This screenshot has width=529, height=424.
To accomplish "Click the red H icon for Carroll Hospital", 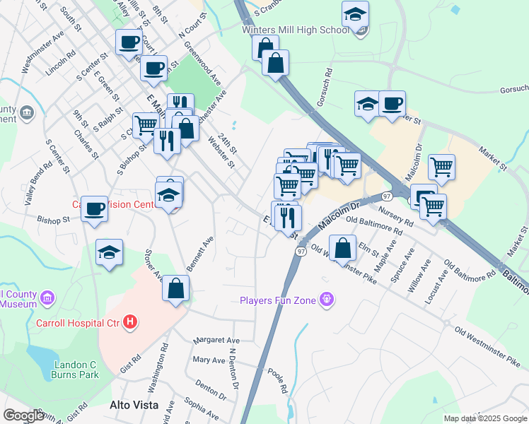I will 129,323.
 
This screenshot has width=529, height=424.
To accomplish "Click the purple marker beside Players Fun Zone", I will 326,300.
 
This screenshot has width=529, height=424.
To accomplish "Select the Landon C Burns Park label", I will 75,369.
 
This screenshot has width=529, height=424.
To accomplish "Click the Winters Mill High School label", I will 295,30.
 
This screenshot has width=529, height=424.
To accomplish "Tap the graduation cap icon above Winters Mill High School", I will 355,13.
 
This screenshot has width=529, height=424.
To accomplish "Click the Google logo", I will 23,416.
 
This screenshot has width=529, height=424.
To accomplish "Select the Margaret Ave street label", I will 212,339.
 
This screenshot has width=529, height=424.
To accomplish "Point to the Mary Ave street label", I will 209,360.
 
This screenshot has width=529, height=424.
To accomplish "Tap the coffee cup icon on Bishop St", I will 94,208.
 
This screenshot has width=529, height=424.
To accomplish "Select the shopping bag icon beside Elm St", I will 342,249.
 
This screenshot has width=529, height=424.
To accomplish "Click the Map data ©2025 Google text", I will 485,418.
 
